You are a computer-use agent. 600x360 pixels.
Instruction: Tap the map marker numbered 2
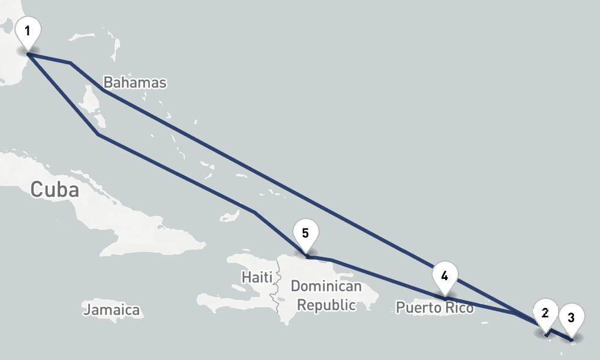(545, 313)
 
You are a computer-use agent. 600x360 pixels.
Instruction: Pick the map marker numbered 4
(445, 276)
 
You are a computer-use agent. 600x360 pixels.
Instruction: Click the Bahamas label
(134, 82)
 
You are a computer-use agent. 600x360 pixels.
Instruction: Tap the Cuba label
(55, 190)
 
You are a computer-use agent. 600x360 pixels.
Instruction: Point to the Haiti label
(257, 277)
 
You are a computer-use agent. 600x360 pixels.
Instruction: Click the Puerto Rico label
(434, 308)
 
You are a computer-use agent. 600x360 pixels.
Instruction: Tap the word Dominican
(326, 286)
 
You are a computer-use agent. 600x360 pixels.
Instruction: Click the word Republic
(326, 305)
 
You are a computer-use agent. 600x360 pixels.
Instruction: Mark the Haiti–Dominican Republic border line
(277, 294)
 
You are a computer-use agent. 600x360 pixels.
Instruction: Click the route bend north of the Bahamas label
(71, 62)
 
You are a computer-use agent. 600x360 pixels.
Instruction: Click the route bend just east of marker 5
(331, 260)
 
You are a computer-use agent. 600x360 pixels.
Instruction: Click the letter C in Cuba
(37, 190)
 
